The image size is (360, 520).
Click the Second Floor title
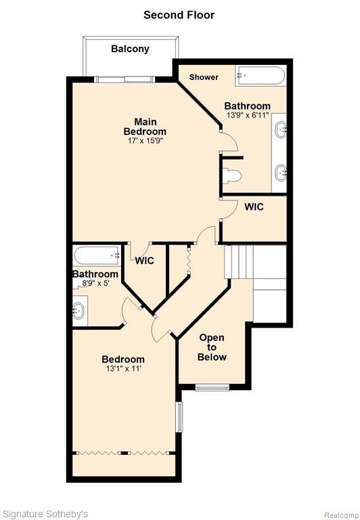click(179, 15)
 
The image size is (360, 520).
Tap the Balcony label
click(130, 49)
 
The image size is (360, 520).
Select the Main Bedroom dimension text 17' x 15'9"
click(145, 141)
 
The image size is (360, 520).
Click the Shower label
click(204, 77)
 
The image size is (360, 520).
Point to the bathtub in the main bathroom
click(261, 76)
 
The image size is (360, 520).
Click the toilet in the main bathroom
click(231, 175)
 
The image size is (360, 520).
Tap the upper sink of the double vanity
click(281, 128)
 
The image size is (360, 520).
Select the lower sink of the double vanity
click(281, 173)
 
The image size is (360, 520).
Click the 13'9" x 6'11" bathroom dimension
click(247, 116)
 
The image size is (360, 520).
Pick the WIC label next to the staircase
click(254, 207)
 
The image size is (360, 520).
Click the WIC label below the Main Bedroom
click(145, 261)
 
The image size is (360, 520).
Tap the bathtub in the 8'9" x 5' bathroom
click(97, 255)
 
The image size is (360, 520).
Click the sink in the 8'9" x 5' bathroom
click(79, 311)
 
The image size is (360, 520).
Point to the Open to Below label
click(212, 347)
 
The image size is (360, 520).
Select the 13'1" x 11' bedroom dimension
click(123, 368)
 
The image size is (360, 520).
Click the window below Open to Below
click(212, 387)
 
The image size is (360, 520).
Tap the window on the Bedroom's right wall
click(179, 417)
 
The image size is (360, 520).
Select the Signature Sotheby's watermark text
click(45, 515)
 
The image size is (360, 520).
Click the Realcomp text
click(342, 515)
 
